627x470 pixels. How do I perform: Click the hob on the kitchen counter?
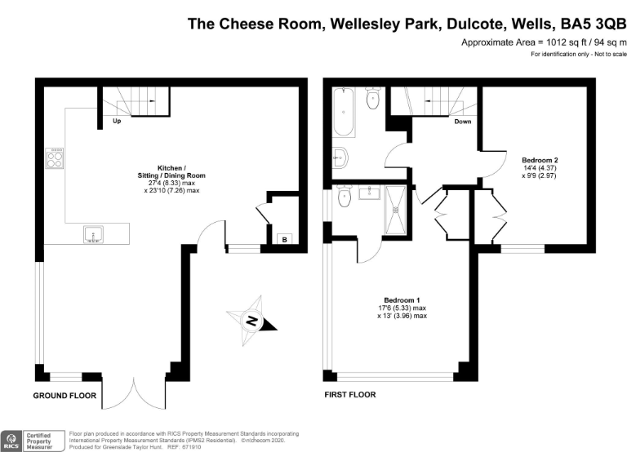click(x=55, y=158)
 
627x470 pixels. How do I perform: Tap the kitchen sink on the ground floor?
click(x=94, y=234)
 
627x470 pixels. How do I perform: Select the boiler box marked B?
click(x=284, y=239)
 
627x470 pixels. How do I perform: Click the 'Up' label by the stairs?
click(x=117, y=121)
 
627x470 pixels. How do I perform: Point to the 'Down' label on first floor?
click(x=463, y=122)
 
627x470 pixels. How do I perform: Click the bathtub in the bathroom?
click(x=344, y=112)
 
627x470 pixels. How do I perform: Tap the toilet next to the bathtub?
click(x=372, y=98)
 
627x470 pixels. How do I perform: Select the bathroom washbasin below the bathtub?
click(x=340, y=157)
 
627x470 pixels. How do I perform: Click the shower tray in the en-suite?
click(x=395, y=210)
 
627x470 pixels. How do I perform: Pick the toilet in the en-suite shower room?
click(x=344, y=196)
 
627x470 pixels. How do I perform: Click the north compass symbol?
click(x=251, y=321)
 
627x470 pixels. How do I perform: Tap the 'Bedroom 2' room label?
click(x=540, y=160)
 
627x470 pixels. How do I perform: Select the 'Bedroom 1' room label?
click(x=402, y=300)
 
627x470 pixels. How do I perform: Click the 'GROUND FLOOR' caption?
click(x=64, y=396)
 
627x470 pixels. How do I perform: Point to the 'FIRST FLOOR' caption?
click(x=350, y=395)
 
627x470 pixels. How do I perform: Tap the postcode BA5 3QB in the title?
click(x=593, y=24)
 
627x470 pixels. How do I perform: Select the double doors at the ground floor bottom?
click(x=134, y=392)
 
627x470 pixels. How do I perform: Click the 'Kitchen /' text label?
click(x=171, y=168)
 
